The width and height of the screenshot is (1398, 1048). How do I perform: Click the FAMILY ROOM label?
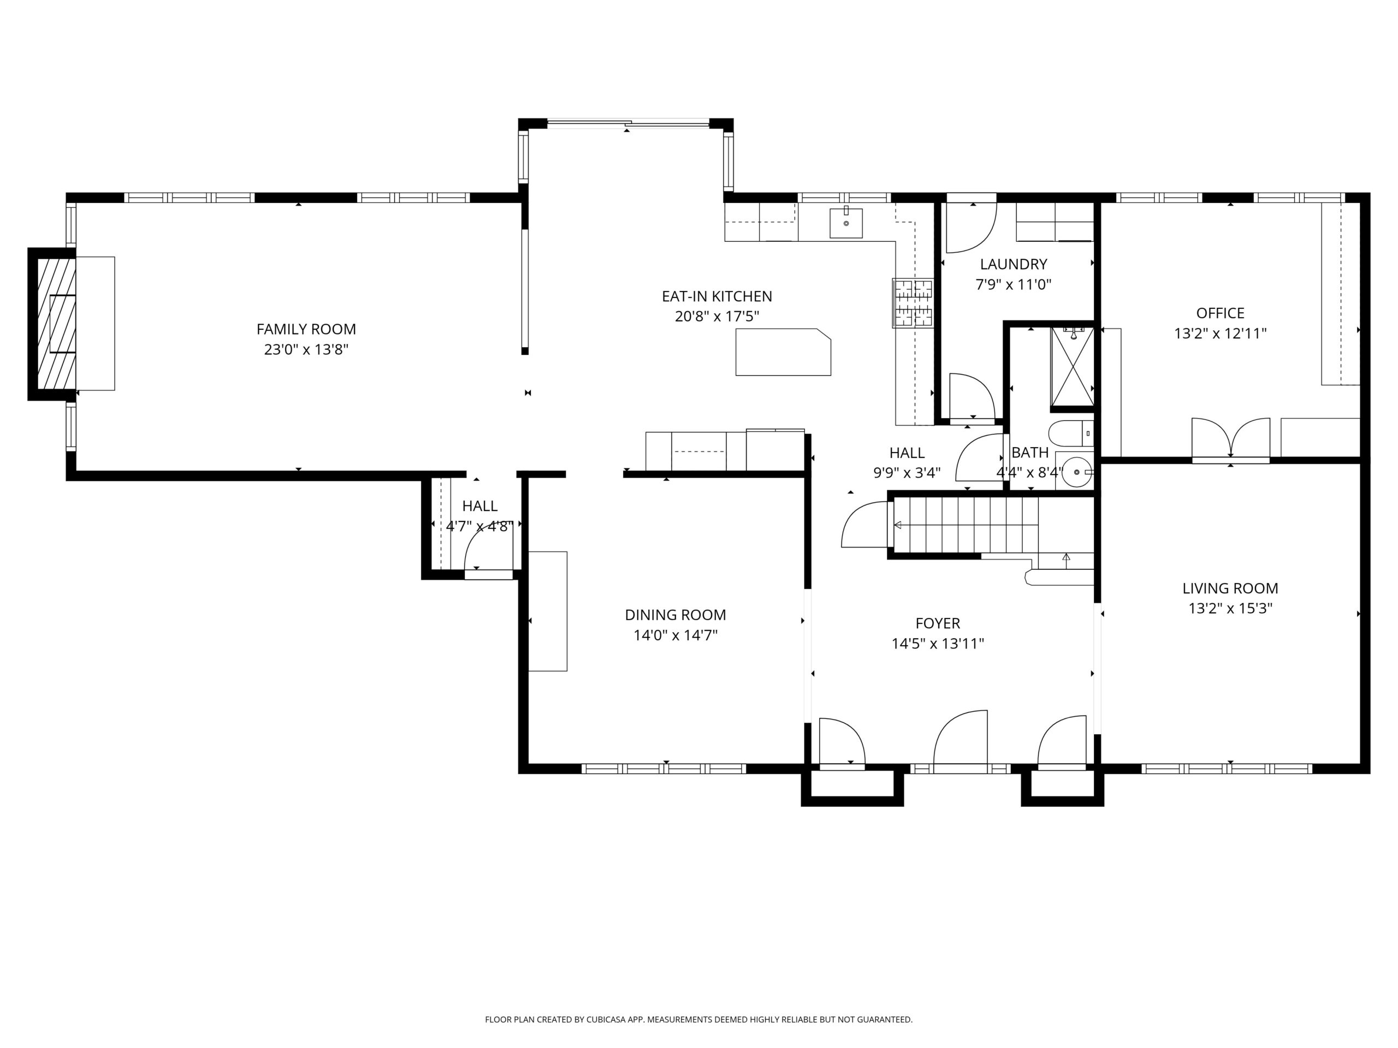tap(306, 329)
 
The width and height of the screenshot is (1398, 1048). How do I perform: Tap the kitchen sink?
tap(845, 223)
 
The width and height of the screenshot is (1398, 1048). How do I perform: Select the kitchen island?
tap(783, 352)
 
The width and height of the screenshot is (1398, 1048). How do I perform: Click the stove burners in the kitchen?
tap(913, 303)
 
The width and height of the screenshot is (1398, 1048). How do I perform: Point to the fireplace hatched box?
tap(56, 324)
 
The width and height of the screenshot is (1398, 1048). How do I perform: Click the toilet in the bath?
tap(1070, 433)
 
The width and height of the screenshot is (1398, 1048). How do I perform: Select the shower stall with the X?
tap(1073, 366)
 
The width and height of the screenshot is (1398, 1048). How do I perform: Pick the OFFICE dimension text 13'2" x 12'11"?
tap(1221, 334)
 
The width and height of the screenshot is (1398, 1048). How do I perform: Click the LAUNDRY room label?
tap(1014, 264)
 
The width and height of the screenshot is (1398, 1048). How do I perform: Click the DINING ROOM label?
tap(676, 615)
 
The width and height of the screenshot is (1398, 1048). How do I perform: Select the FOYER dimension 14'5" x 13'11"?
tap(938, 644)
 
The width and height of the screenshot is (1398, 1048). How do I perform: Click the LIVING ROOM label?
tap(1230, 588)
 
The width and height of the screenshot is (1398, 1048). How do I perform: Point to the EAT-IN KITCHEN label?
tap(716, 296)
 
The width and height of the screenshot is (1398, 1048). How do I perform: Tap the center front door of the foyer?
tap(961, 742)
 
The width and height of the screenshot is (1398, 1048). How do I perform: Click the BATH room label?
tap(1030, 452)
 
